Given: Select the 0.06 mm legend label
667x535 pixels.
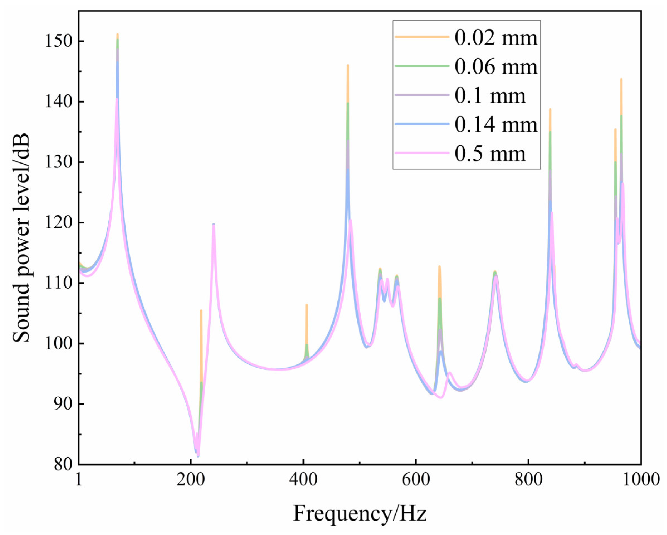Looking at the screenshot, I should pyautogui.click(x=496, y=66).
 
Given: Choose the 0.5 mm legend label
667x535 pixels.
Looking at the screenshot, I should pyautogui.click(x=490, y=153).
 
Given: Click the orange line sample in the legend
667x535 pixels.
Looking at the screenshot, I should pyautogui.click(x=422, y=37).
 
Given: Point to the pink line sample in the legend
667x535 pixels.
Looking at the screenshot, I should pyautogui.click(x=422, y=152).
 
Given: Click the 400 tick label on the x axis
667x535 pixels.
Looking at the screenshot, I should pyautogui.click(x=303, y=480).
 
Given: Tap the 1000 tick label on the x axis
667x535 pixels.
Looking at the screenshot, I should pyautogui.click(x=640, y=480).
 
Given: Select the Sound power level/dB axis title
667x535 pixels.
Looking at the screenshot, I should pyautogui.click(x=22, y=238).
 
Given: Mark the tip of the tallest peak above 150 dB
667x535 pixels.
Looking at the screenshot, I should pyautogui.click(x=117, y=34).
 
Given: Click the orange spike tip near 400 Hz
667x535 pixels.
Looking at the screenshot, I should pyautogui.click(x=306, y=305).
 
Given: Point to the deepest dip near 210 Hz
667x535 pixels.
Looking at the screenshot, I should pyautogui.click(x=198, y=456).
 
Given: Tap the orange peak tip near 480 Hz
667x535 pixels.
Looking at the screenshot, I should pyautogui.click(x=348, y=65).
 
